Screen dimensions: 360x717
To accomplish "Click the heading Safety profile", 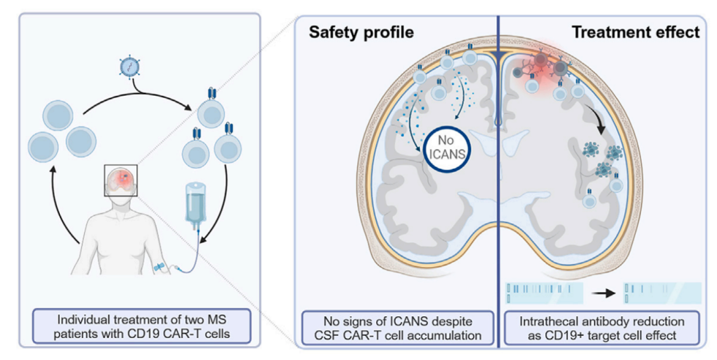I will pyautogui.click(x=351, y=32).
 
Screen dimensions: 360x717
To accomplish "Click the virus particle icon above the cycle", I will pyautogui.click(x=128, y=66).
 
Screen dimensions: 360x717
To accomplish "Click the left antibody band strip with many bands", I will pyautogui.click(x=544, y=293).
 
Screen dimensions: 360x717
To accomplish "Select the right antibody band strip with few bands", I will pyautogui.click(x=660, y=293).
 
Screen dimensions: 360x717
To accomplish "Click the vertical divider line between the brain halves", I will pyautogui.click(x=498, y=183).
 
